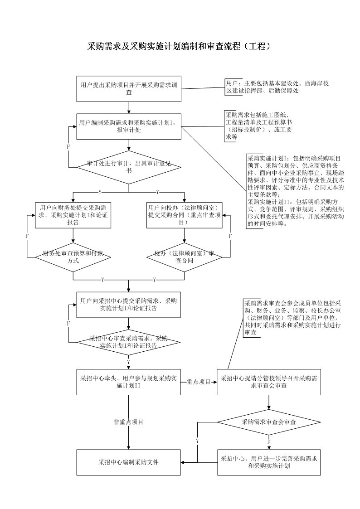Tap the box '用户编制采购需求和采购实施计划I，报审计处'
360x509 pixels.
pyautogui.click(x=129, y=126)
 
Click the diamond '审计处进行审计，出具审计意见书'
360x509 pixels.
pyautogui.click(x=129, y=167)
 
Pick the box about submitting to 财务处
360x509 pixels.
pyautogui.click(x=73, y=214)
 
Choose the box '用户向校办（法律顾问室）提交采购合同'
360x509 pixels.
pyautogui.click(x=184, y=214)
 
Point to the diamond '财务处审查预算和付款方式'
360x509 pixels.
pyautogui.click(x=73, y=257)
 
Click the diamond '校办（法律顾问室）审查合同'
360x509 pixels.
pyautogui.click(x=184, y=257)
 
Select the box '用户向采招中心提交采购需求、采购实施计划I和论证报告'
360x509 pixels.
pyautogui.click(x=129, y=305)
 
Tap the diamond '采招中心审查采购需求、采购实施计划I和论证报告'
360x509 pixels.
pyautogui.click(x=129, y=342)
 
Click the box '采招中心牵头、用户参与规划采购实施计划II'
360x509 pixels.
pyautogui.click(x=129, y=382)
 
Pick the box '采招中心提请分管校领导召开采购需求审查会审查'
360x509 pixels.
pyautogui.click(x=269, y=382)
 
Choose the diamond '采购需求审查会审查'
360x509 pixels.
pyautogui.click(x=269, y=422)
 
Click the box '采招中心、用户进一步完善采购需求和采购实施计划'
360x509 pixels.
pyautogui.click(x=269, y=462)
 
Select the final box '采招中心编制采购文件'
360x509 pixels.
pyautogui.click(x=129, y=462)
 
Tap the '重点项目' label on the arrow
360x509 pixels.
pyautogui.click(x=199, y=382)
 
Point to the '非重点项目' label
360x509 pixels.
pyautogui.click(x=128, y=422)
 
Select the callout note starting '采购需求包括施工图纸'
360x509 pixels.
pyautogui.click(x=259, y=126)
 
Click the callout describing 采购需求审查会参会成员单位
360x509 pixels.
pyautogui.click(x=293, y=317)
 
